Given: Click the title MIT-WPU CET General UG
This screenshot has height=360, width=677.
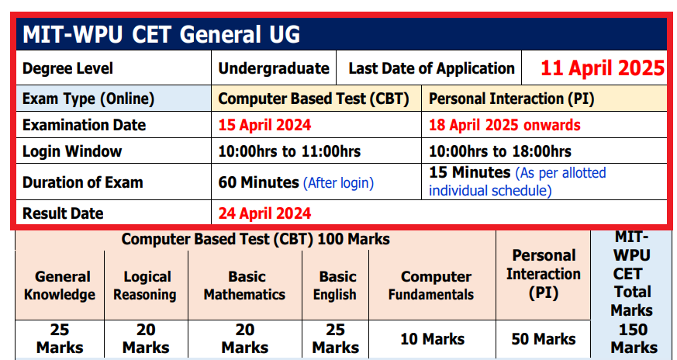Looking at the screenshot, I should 161,35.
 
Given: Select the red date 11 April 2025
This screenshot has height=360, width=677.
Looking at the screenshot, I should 603,67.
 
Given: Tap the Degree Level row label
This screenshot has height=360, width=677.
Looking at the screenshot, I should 68,68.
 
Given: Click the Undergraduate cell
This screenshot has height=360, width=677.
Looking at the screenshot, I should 274,68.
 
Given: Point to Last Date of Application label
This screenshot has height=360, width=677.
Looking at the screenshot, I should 431,68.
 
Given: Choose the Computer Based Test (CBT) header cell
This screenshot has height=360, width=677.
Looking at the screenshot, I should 315,99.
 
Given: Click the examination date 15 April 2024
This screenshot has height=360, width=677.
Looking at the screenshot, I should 265,125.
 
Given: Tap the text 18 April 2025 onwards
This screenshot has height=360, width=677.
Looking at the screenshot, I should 504,125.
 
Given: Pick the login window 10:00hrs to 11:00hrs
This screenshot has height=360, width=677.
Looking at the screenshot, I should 289,151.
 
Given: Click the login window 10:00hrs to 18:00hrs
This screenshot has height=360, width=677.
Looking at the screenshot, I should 500,151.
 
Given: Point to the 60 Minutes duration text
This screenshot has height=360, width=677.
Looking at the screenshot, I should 259,183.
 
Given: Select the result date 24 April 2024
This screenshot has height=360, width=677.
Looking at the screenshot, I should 265,213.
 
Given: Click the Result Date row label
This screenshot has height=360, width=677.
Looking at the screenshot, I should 63,213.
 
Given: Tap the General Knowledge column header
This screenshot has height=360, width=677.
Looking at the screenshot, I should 60,286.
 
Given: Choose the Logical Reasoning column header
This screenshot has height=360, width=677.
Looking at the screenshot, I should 145,286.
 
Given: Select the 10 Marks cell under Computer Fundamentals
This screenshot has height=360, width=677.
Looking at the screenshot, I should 432,339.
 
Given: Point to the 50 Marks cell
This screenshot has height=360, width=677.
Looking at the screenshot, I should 543,339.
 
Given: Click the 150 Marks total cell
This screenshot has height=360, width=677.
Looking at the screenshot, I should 634,338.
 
